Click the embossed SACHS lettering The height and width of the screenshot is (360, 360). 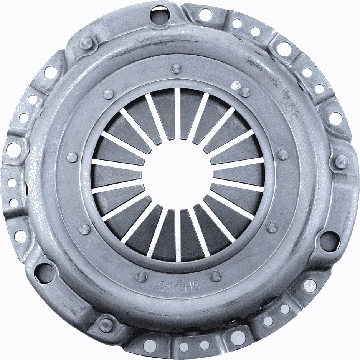tap(179, 286)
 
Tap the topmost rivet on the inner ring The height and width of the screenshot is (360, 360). tap(176, 69)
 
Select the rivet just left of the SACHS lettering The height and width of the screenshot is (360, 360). tap(142, 276)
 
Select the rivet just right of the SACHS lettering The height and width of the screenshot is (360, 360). tap(216, 276)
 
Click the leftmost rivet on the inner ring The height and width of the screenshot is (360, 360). tap(72, 157)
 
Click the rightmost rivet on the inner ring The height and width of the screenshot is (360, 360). tap(283, 154)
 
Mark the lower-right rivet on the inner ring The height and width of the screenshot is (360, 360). tap(272, 227)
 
